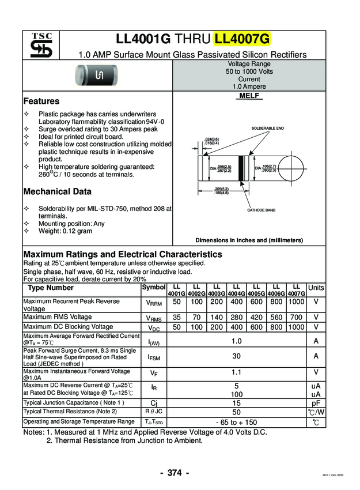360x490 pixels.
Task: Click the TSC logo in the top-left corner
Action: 41,46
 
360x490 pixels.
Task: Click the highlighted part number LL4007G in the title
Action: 242,39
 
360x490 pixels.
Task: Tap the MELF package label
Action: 249,96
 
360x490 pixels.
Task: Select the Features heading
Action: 41,101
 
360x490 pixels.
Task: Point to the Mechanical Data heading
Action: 57,191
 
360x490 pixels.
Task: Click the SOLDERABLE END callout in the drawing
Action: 267,128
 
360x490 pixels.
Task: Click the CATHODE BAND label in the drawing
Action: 261,210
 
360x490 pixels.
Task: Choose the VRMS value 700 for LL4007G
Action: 296,317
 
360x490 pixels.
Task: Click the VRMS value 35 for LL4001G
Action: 177,317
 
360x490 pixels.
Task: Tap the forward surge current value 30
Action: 236,356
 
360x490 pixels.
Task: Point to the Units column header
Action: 316,288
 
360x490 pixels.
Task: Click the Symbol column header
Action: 153,287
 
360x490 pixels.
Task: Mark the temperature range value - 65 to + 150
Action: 236,423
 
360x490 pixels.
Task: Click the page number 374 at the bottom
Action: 175,473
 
